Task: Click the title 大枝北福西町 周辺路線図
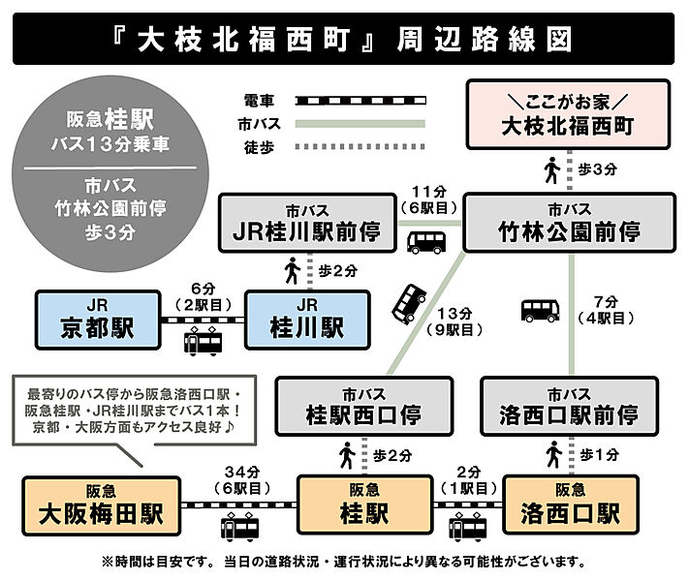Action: click(x=344, y=39)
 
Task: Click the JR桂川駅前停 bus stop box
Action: click(x=307, y=223)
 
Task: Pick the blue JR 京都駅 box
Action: click(x=97, y=320)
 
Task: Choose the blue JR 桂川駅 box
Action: click(x=307, y=320)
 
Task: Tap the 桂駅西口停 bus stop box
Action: click(x=363, y=407)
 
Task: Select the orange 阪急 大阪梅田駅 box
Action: click(x=95, y=504)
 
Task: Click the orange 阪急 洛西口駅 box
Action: click(x=570, y=504)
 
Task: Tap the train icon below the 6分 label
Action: click(x=204, y=341)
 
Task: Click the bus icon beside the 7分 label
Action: click(x=540, y=310)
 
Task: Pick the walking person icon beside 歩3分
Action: click(x=550, y=170)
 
